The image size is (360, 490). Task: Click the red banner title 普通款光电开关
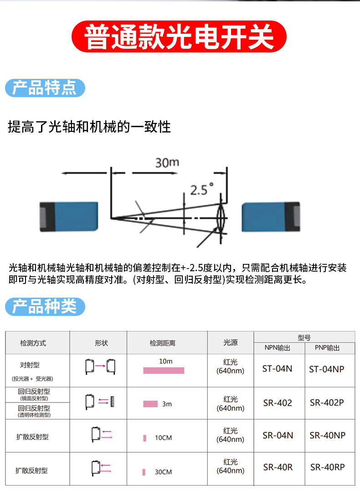pyautogui.click(x=180, y=36)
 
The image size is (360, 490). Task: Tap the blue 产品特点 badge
pyautogui.click(x=45, y=88)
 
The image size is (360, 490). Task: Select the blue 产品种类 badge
pyautogui.click(x=45, y=307)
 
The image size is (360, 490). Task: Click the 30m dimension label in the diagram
pyautogui.click(x=167, y=163)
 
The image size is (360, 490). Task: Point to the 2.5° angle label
pyautogui.click(x=202, y=189)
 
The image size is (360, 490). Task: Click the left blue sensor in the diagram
pyautogui.click(x=69, y=217)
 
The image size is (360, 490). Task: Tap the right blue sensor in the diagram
pyautogui.click(x=271, y=217)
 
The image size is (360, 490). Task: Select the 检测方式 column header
pyautogui.click(x=33, y=343)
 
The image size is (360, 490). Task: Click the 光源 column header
pyautogui.click(x=230, y=343)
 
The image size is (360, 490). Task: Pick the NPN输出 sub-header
pyautogui.click(x=277, y=348)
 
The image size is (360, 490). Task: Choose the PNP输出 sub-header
pyautogui.click(x=327, y=348)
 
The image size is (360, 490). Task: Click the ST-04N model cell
pyautogui.click(x=277, y=369)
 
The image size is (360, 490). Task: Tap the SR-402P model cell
pyautogui.click(x=327, y=403)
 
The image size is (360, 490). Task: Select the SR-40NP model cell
pyautogui.click(x=327, y=436)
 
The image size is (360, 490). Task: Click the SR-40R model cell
pyautogui.click(x=278, y=467)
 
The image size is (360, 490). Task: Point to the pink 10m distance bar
pyautogui.click(x=164, y=371)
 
